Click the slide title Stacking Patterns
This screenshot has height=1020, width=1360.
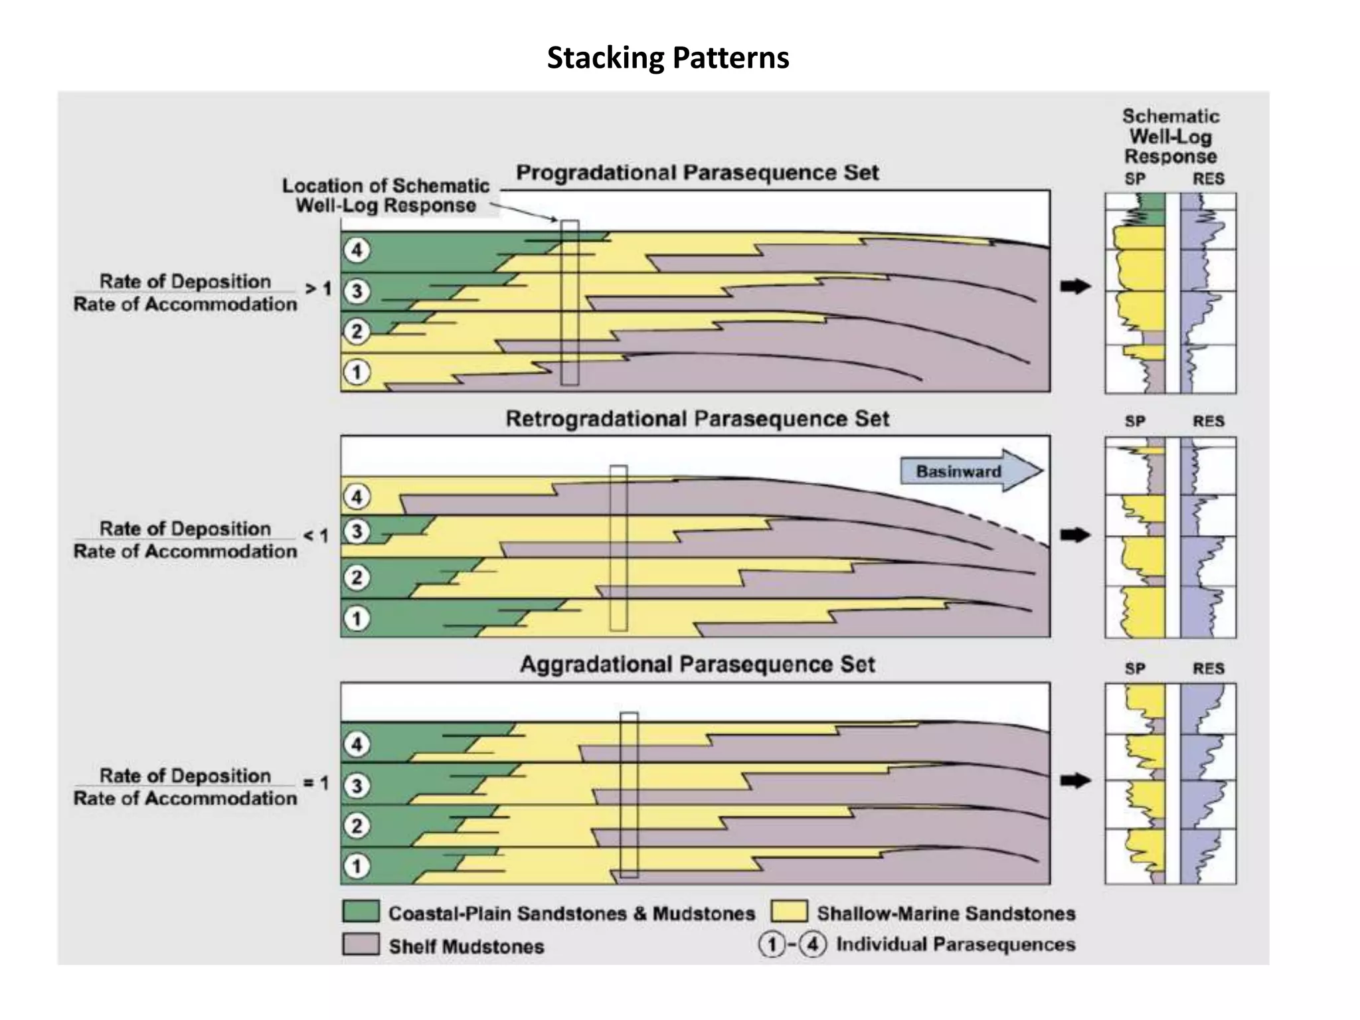667,58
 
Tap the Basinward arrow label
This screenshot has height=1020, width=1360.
958,471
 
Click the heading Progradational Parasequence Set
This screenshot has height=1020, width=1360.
697,173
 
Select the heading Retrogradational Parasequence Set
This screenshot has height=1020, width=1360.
697,419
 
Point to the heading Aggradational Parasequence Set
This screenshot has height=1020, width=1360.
697,665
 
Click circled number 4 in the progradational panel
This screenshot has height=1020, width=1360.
357,250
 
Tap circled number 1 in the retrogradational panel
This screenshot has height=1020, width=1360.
357,619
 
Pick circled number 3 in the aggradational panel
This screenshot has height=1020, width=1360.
357,786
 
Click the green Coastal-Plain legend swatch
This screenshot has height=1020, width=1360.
361,912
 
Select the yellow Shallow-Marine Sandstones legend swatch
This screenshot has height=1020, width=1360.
790,912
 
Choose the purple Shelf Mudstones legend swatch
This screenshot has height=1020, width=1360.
361,944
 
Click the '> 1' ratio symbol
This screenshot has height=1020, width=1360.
317,290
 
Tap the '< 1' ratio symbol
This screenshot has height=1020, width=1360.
316,536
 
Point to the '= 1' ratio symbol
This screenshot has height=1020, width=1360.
316,784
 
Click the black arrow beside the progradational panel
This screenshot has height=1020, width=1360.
1075,287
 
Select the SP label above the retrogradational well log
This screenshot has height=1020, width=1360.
1134,421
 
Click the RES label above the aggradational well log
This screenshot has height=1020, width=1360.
1208,669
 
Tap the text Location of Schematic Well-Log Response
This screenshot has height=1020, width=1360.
385,195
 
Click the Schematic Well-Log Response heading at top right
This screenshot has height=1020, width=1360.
1171,137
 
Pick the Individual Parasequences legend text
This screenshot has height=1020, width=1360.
955,944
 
